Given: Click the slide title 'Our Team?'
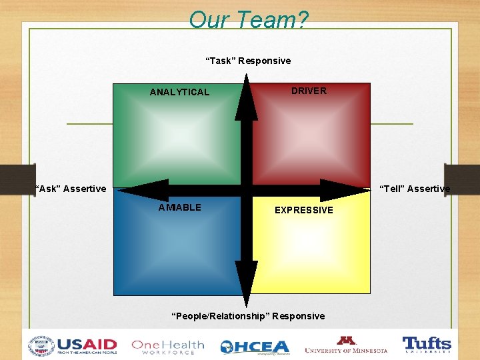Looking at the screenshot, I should point(248,20).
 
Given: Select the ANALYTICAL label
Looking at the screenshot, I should point(179,92).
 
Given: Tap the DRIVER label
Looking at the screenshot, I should point(309,91).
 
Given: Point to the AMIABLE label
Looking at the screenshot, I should point(179,207).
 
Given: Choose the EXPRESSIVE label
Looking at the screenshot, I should point(304,210).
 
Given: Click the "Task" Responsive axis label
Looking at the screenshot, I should point(248,61).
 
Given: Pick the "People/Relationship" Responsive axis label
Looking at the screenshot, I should point(248,316).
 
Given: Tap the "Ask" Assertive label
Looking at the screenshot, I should point(71,189).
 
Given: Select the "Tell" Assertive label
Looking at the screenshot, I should point(415,189).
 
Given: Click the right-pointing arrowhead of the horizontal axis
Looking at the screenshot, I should point(343,190).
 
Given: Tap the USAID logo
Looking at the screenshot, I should point(87,346).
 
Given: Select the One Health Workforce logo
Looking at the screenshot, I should point(168,346).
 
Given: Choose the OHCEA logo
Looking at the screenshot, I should point(255,347).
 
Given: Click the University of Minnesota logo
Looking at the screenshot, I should point(346,345).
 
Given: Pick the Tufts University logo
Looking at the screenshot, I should point(427,345).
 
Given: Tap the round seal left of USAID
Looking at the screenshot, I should point(41,346).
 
